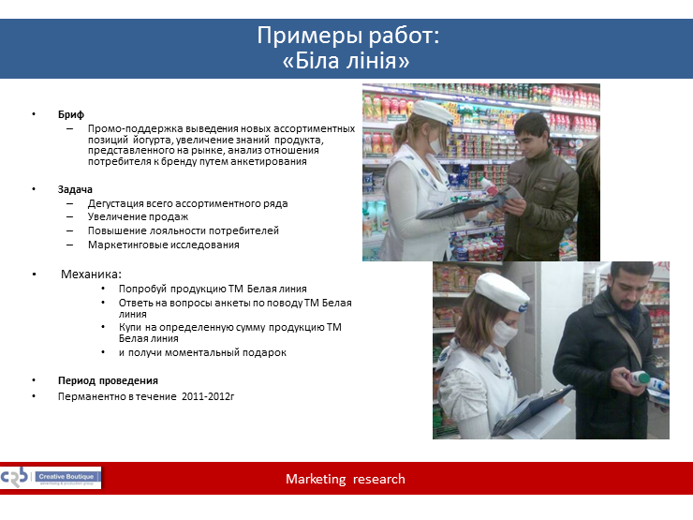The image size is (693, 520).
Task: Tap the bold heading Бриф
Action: (x=71, y=114)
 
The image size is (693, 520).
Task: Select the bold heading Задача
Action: (x=75, y=189)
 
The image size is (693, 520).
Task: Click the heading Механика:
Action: (x=91, y=275)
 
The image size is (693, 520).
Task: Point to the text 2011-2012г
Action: (x=208, y=396)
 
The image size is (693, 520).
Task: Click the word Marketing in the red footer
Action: (x=316, y=479)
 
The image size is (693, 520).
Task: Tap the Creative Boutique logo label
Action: (x=66, y=477)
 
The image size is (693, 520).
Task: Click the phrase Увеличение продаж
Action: (x=138, y=216)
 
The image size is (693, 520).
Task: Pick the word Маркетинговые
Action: (x=125, y=245)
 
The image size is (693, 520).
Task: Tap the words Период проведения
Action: (x=108, y=380)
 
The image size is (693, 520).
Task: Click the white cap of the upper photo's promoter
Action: (x=433, y=112)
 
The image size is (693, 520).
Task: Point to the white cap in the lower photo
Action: (x=502, y=292)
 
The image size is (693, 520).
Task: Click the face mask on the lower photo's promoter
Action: (x=504, y=334)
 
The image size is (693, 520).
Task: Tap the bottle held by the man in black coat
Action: (x=641, y=379)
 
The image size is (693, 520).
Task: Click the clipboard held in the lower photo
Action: (x=530, y=410)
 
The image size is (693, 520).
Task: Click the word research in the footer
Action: (x=378, y=479)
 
